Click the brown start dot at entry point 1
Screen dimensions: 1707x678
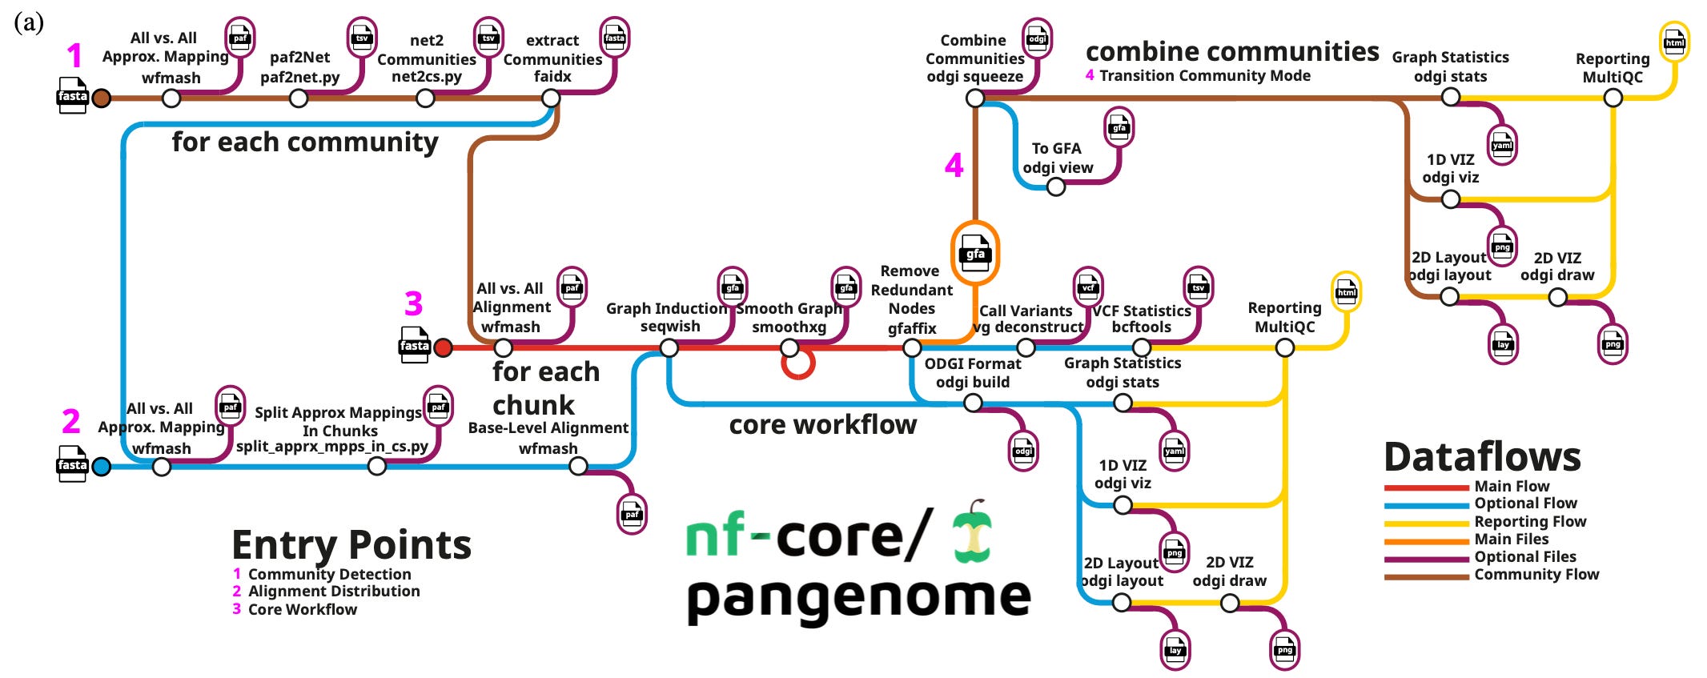(x=101, y=98)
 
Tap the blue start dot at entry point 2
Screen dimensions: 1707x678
(x=101, y=467)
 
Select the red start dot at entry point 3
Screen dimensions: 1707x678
(x=443, y=347)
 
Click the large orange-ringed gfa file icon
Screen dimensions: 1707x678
(x=974, y=254)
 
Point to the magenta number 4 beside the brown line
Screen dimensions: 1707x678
(x=954, y=166)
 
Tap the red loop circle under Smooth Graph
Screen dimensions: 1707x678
(x=797, y=364)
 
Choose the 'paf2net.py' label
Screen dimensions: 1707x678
(x=300, y=78)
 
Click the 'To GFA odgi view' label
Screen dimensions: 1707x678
(x=1058, y=158)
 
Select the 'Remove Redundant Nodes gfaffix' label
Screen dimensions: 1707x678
(x=912, y=299)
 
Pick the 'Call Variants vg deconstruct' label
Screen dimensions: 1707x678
(x=1027, y=319)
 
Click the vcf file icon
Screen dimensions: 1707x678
(x=1087, y=287)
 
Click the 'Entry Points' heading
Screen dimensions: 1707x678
(x=351, y=545)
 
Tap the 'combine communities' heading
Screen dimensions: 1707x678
(x=1232, y=51)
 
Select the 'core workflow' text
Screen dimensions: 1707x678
(x=823, y=424)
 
